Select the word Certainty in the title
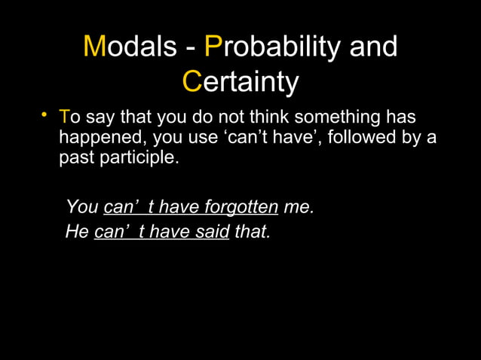pos(240,82)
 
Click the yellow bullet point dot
pos(45,115)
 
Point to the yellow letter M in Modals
pos(94,47)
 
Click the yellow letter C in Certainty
pos(192,82)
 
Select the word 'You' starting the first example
pos(81,207)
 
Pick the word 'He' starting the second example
pos(77,231)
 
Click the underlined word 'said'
pos(211,231)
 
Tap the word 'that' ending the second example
pos(252,231)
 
